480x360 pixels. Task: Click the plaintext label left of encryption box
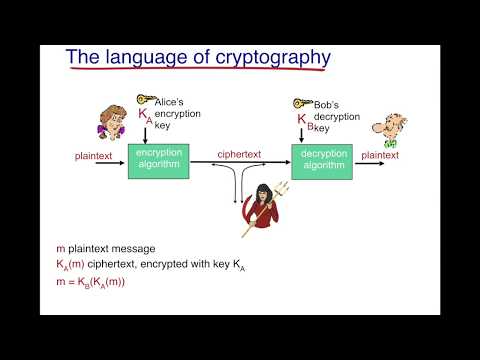click(93, 156)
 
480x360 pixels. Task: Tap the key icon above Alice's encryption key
click(146, 100)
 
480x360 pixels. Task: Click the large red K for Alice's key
click(144, 116)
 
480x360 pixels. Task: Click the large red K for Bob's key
click(303, 118)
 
